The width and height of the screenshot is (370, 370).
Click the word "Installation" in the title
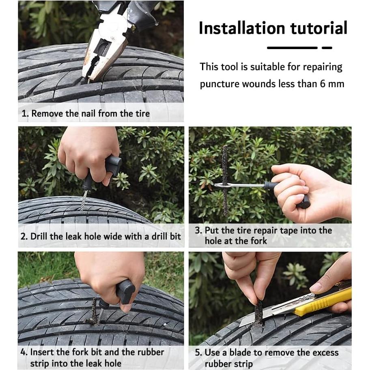pos(242,28)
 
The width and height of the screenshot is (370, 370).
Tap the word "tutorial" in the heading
pos(319,28)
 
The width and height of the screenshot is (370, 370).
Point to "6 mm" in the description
pos(332,84)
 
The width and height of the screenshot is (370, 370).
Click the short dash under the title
pos(327,47)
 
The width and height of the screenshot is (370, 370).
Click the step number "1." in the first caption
pos(25,114)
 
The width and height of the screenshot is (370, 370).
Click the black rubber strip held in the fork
pos(225,181)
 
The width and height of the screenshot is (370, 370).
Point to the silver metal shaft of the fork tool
pos(241,185)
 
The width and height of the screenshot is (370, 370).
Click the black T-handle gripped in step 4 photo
pos(125,291)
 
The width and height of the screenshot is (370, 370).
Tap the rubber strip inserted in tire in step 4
pos(94,311)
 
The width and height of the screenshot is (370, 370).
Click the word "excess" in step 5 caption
pos(326,353)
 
